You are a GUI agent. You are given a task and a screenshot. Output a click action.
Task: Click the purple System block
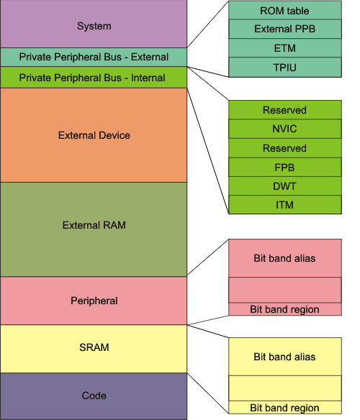point(94,25)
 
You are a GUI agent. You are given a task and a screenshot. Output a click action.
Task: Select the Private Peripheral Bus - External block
point(94,57)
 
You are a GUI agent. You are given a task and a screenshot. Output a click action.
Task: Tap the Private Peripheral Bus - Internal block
point(94,77)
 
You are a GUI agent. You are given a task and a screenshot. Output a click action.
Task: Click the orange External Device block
point(94,135)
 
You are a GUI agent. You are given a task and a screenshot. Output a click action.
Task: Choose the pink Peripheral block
point(94,301)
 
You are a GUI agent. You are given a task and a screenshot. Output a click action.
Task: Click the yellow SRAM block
point(94,348)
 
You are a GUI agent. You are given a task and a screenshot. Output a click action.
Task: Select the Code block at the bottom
point(94,396)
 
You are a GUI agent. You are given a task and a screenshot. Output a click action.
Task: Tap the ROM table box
point(284,11)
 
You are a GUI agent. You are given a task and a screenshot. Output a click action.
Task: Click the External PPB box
point(284,29)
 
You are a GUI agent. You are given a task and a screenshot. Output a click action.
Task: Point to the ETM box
point(284,48)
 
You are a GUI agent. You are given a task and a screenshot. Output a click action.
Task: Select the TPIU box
point(284,67)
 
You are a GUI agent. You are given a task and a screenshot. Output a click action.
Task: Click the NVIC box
point(284,129)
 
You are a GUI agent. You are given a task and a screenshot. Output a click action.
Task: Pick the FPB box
point(284,167)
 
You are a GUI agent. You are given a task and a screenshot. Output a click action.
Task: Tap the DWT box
point(284,186)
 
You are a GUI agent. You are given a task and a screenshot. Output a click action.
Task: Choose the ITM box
point(284,204)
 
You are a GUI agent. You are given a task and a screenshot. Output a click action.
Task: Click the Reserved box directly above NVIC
point(284,110)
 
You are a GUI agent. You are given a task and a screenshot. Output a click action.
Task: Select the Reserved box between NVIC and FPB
point(284,148)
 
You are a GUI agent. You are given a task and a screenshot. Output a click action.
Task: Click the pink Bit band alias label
point(284,258)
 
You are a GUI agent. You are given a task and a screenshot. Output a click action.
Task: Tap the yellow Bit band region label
point(284,408)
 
